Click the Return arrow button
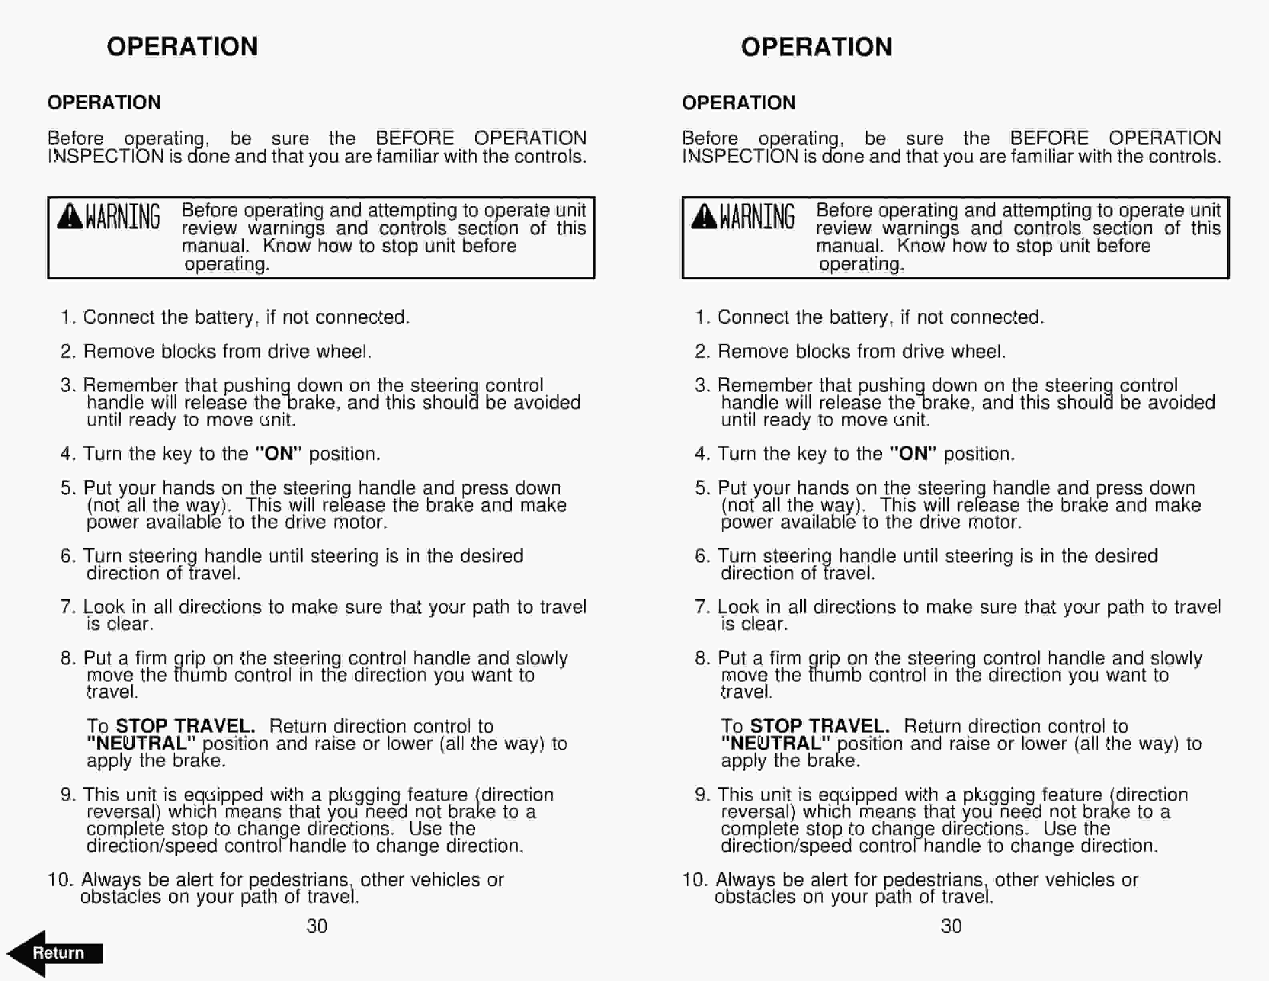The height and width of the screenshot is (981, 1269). [x=55, y=953]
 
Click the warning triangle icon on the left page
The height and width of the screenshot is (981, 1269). [x=70, y=217]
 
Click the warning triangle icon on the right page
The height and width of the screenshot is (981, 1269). [x=704, y=217]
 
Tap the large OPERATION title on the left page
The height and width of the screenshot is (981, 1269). [x=182, y=46]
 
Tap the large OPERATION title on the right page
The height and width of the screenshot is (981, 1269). [x=816, y=47]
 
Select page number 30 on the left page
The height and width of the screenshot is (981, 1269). [x=317, y=926]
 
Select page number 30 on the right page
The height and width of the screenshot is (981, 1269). [x=951, y=926]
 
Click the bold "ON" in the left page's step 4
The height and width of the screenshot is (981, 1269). [x=279, y=453]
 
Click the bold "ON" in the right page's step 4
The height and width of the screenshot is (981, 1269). [x=913, y=453]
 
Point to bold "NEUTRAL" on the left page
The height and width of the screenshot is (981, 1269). [x=141, y=743]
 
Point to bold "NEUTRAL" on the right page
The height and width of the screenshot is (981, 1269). [x=775, y=743]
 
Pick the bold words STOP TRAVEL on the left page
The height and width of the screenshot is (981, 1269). [x=185, y=726]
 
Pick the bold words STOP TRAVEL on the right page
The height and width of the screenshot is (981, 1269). [x=820, y=726]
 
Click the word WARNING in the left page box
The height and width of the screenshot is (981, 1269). [x=123, y=217]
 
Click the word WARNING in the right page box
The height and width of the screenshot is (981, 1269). [x=757, y=217]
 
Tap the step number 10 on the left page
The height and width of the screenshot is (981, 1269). [x=59, y=879]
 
